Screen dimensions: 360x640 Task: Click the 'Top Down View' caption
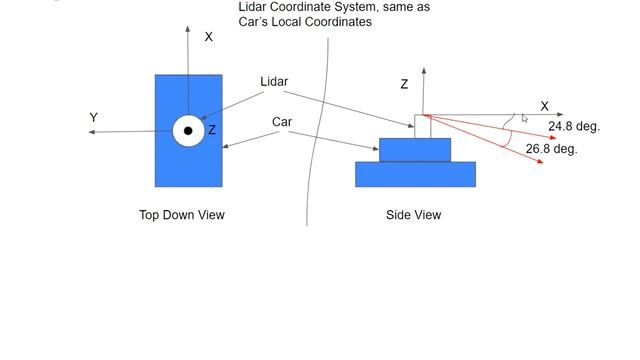182,215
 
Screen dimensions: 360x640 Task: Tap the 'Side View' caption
413,215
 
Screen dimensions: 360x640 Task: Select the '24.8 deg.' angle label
573,127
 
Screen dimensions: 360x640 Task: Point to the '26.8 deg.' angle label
551,149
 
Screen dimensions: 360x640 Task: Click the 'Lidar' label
274,82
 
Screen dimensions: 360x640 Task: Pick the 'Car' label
282,122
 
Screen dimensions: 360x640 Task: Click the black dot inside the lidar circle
188,131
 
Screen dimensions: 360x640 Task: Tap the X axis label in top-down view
209,37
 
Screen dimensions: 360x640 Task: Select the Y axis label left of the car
94,118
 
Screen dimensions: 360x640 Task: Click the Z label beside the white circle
212,131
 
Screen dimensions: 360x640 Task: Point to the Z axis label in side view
404,85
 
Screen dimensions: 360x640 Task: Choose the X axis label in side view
544,106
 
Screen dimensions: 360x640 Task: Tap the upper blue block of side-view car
415,150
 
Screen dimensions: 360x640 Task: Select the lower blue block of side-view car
415,174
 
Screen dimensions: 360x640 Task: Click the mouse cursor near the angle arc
525,119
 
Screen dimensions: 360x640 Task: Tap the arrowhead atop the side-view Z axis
424,71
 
